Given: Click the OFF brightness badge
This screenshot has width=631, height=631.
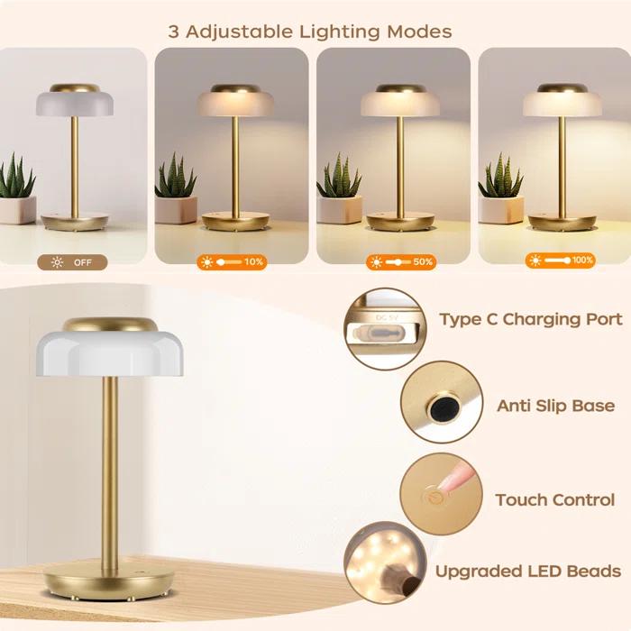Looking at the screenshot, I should click(x=72, y=263).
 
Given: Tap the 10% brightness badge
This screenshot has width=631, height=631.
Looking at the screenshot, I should click(x=232, y=263).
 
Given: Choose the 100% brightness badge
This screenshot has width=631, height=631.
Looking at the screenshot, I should click(x=561, y=261).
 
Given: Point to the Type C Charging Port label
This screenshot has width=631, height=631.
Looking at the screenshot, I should click(x=531, y=319).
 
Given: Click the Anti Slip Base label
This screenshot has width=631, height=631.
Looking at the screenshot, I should click(x=555, y=406).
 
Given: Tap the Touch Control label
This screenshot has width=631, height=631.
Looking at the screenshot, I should click(x=554, y=499).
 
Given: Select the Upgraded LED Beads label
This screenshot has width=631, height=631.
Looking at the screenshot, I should click(x=528, y=571).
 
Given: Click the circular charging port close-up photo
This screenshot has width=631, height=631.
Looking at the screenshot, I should click(x=386, y=328).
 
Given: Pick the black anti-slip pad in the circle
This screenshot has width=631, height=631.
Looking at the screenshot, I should click(x=440, y=407).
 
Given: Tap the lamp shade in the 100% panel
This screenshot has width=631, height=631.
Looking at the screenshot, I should click(x=561, y=102).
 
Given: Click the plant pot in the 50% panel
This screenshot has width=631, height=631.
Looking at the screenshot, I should click(x=339, y=209).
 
